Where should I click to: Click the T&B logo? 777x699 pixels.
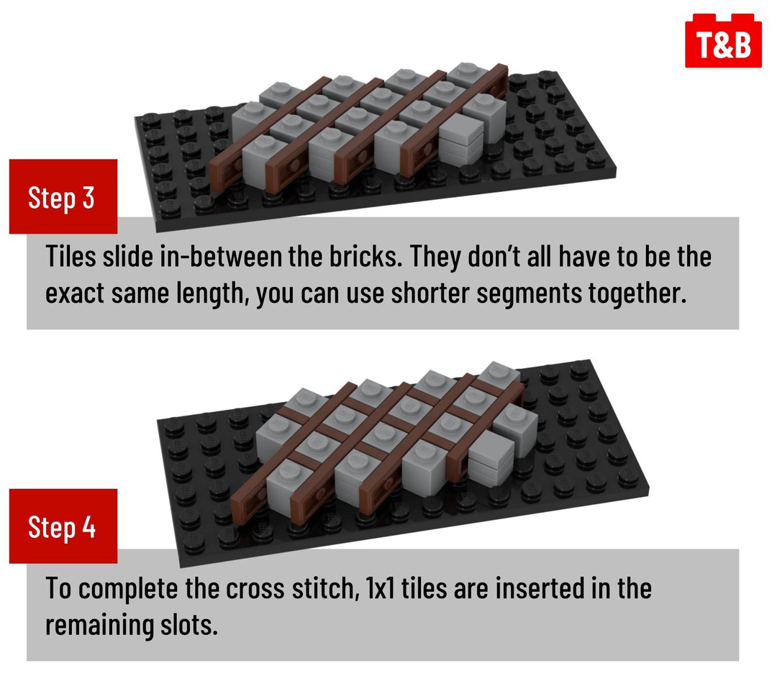(x=723, y=41)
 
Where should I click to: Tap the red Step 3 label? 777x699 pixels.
(x=63, y=196)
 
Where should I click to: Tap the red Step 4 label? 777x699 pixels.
(x=63, y=526)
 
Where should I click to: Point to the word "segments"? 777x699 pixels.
(x=529, y=293)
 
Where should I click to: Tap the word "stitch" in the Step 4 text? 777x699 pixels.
(x=324, y=588)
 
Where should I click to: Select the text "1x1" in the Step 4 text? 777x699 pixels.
(x=381, y=588)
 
